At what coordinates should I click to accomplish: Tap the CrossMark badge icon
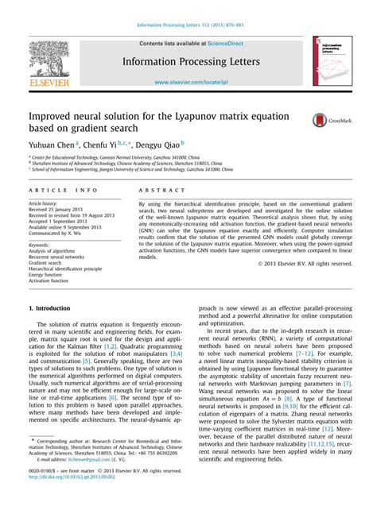325,120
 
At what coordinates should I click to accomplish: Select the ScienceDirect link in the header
226,44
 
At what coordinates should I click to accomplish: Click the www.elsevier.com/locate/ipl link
188,82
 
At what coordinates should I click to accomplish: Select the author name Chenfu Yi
107,145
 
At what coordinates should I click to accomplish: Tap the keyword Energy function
51,275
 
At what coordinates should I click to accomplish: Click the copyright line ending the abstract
305,263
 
